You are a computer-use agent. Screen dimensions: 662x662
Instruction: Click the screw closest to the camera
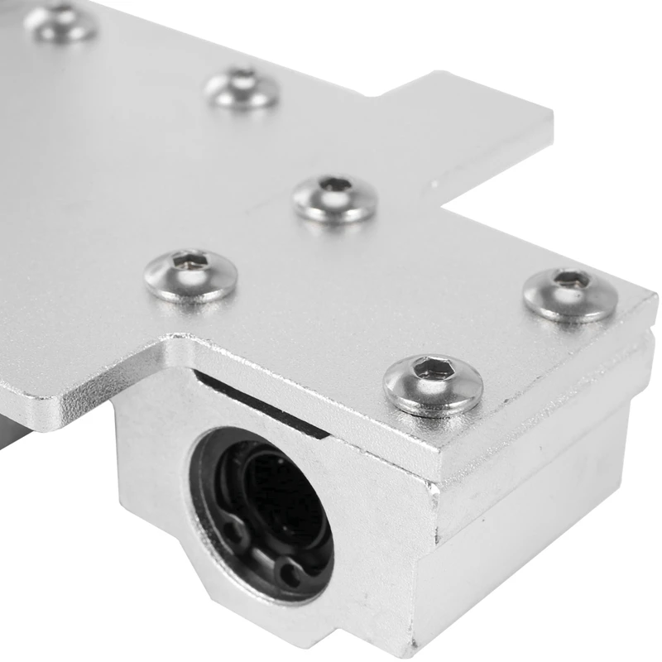point(433,384)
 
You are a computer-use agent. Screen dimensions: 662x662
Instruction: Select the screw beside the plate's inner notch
point(335,199)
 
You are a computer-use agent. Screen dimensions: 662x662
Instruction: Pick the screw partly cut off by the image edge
point(61,22)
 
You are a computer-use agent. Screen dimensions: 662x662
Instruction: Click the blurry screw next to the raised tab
point(242,89)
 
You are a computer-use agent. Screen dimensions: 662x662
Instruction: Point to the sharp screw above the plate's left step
point(190,275)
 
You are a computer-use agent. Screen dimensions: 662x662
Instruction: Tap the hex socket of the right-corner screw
point(570,279)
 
